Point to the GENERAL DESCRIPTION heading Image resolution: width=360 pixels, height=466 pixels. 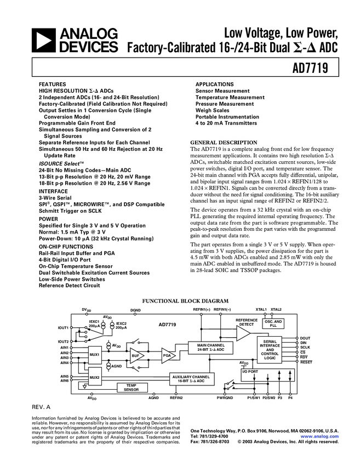[x=223, y=143]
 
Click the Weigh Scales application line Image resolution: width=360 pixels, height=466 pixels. [x=213, y=110]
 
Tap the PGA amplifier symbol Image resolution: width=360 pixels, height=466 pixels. [x=167, y=356]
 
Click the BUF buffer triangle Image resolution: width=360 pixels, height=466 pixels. [x=135, y=356]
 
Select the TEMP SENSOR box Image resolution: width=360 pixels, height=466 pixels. [x=131, y=388]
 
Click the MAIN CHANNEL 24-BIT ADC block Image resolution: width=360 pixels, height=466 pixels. [x=211, y=347]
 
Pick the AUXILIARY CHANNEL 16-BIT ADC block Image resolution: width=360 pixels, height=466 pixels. [x=191, y=379]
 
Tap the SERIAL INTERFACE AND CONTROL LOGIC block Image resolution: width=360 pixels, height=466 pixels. [x=270, y=349]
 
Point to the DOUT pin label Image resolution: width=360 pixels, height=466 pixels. [x=305, y=338]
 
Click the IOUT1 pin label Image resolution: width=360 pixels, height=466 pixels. [x=63, y=328]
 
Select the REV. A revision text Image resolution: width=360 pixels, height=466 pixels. [x=41, y=408]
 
